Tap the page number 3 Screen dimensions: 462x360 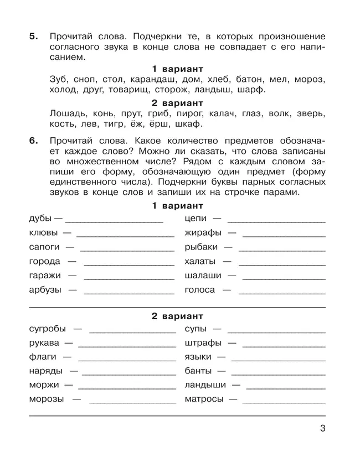coord(322,428)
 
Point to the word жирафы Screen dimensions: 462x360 coord(203,232)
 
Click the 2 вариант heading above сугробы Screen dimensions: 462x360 coord(177,316)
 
